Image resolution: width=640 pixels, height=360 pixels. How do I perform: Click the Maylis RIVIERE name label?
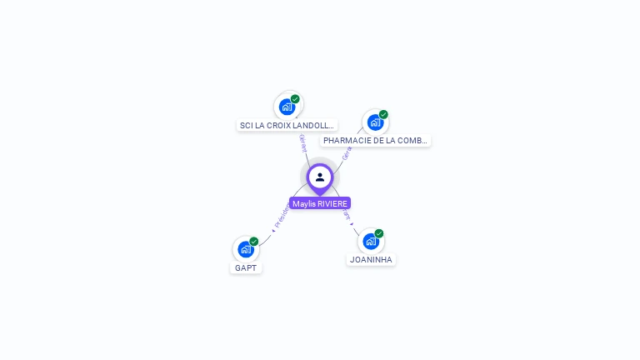[320, 203]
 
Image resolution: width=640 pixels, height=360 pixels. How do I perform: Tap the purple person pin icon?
[320, 177]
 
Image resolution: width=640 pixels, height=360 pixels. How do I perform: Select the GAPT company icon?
[245, 249]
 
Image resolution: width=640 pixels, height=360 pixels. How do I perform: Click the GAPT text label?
[246, 268]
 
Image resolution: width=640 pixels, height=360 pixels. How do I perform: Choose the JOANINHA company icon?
[371, 241]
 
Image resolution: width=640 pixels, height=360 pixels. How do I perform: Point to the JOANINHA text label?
[371, 260]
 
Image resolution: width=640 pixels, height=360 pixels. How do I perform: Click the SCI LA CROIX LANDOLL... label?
[287, 126]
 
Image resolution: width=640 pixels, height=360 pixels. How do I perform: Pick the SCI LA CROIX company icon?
[287, 107]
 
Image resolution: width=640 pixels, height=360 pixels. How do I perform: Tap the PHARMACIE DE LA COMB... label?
[376, 141]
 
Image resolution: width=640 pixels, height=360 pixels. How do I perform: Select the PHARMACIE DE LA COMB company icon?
[375, 122]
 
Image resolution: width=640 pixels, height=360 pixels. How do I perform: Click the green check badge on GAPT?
[254, 241]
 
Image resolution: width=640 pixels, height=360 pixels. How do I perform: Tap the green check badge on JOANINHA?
[379, 233]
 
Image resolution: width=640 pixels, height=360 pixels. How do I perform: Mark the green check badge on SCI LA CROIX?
[295, 99]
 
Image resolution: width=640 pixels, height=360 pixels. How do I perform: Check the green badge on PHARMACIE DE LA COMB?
[383, 114]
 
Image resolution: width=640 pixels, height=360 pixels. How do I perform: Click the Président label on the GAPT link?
[282, 216]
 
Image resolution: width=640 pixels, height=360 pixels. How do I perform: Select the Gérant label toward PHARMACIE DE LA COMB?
[347, 152]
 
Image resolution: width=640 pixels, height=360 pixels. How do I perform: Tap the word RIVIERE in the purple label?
[332, 203]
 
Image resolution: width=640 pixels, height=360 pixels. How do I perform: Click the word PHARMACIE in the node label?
[346, 141]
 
